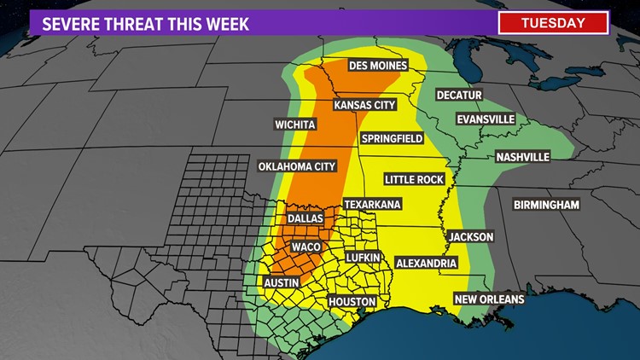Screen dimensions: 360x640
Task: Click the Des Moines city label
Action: (x=378, y=66)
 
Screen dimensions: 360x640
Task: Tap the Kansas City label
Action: (x=365, y=105)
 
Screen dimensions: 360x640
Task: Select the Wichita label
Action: (x=295, y=125)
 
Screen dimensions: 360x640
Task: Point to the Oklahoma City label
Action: (x=297, y=165)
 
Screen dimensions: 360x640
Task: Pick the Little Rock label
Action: (x=414, y=179)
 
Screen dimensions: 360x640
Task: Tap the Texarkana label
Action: (x=372, y=205)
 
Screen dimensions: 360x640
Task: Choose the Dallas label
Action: (x=305, y=218)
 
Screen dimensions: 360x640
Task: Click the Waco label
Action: (x=305, y=247)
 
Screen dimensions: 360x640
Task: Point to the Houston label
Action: (x=352, y=302)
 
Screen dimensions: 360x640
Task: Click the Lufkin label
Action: (x=368, y=257)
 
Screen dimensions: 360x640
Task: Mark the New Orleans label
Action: (x=489, y=299)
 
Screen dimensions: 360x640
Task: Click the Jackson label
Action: (x=469, y=236)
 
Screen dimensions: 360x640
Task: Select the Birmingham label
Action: (x=546, y=205)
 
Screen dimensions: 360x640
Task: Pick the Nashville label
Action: (x=522, y=157)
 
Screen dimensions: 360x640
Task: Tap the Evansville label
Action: (x=486, y=119)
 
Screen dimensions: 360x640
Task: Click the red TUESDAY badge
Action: (x=554, y=22)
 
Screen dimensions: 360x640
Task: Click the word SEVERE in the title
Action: (x=70, y=23)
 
